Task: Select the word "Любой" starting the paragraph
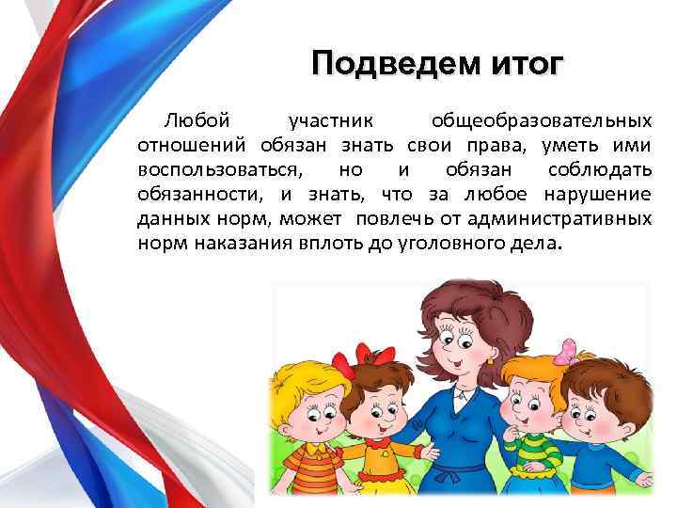point(196,122)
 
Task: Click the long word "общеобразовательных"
point(541,122)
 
